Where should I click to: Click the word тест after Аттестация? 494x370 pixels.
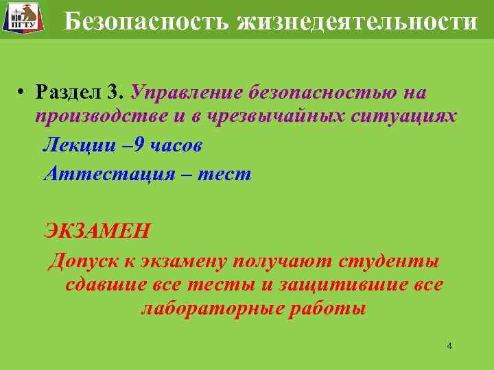coord(224,174)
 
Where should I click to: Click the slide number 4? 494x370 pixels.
coord(449,346)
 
